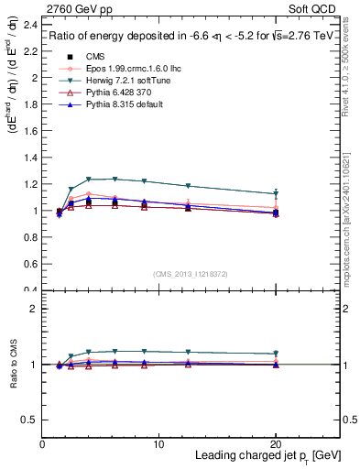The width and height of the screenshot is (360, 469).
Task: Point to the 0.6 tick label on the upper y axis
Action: (x=30, y=264)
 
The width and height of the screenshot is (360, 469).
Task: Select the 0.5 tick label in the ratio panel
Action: (x=30, y=420)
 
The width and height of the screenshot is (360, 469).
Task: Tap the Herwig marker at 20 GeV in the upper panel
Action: (x=276, y=194)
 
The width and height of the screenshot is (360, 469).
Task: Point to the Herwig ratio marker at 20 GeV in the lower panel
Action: (x=276, y=354)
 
